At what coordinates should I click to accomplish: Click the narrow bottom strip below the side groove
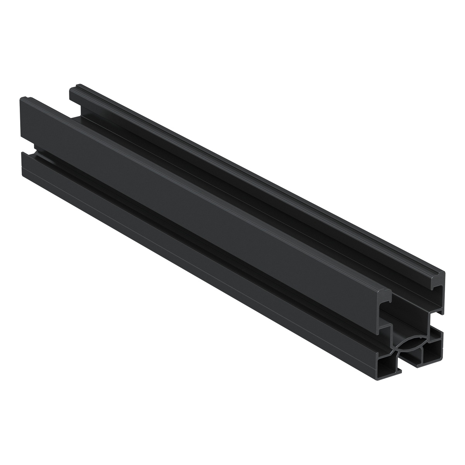click(x=194, y=263)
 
